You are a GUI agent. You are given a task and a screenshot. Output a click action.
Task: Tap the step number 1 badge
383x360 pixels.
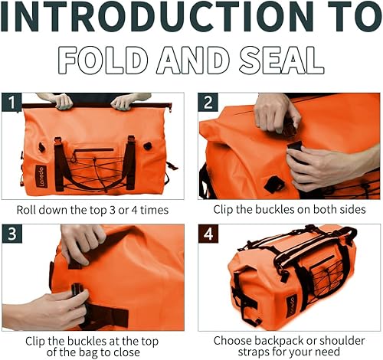tap(11, 102)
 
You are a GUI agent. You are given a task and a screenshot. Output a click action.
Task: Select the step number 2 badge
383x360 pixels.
tap(208, 102)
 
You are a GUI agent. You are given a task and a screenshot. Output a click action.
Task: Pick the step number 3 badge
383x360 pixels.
tap(11, 233)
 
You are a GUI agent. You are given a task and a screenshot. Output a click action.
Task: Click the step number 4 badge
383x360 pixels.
tap(208, 233)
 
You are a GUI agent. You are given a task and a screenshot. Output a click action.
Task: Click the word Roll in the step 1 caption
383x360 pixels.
tap(28, 208)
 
